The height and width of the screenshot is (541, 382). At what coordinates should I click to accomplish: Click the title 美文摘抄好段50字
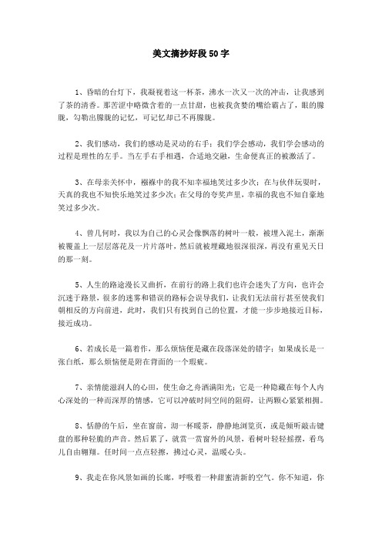point(190,55)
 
